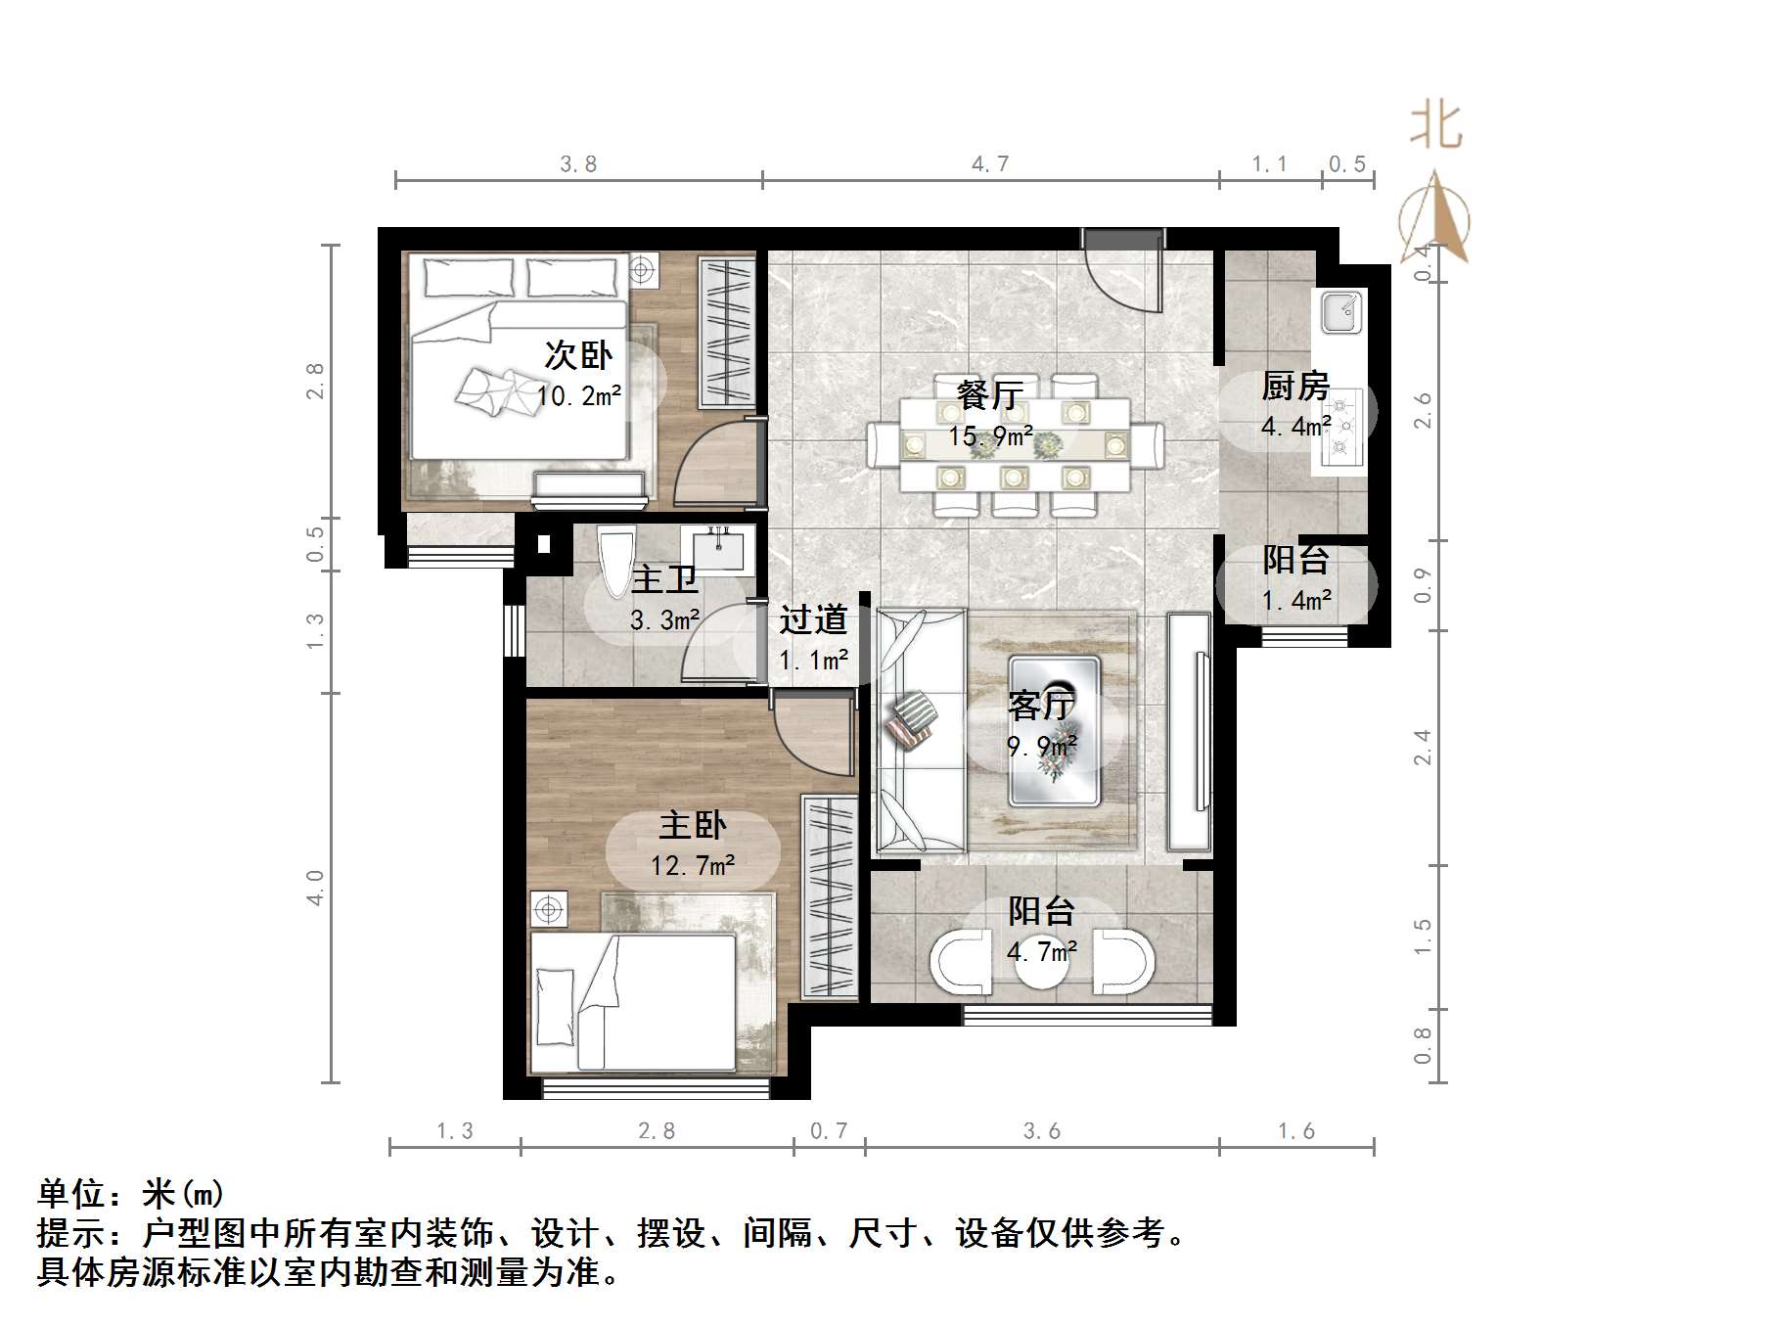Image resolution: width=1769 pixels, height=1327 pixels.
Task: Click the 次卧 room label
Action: pos(578,354)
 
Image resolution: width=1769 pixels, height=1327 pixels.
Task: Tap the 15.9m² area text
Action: pos(990,436)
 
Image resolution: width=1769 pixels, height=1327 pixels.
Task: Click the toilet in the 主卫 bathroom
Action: pos(616,563)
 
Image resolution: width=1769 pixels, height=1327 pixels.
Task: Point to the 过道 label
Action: pos(813,619)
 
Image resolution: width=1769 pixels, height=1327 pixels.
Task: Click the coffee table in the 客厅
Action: pos(1055,730)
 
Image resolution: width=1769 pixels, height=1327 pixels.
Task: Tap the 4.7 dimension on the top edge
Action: pos(990,164)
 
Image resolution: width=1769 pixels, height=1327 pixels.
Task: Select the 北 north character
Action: pos(1435,126)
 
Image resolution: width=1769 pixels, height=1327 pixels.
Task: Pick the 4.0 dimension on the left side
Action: pos(315,888)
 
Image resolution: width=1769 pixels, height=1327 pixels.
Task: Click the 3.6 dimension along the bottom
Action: pos(1041,1131)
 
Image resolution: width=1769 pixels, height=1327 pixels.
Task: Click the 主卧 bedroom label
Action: pos(693,825)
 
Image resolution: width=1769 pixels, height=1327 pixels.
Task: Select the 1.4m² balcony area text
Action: pos(1296,600)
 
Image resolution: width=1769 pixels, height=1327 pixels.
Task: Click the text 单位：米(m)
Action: pos(131,1194)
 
